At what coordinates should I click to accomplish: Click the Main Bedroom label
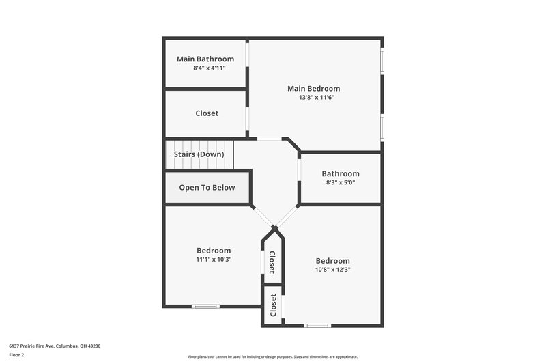[313, 88]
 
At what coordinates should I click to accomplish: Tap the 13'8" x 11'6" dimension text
[313, 98]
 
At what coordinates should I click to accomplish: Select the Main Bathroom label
[205, 59]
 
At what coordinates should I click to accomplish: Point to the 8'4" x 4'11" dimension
[205, 68]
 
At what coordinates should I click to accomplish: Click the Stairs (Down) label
[199, 154]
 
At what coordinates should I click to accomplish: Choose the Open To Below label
[207, 188]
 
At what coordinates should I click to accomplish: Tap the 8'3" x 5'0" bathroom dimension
[341, 183]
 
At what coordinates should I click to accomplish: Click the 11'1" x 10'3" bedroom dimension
[214, 260]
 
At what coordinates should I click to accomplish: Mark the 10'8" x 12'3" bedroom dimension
[332, 270]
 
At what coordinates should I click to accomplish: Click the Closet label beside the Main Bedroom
[207, 113]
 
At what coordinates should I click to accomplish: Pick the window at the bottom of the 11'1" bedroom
[205, 306]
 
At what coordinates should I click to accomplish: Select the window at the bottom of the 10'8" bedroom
[317, 325]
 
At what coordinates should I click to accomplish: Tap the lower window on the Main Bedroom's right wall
[382, 127]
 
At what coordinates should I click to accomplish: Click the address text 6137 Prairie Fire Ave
[52, 346]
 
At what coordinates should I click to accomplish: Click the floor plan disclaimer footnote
[273, 356]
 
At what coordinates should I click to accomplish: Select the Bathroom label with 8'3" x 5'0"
[341, 174]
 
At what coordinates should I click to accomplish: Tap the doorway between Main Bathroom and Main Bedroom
[247, 64]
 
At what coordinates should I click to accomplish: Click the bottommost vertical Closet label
[273, 305]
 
